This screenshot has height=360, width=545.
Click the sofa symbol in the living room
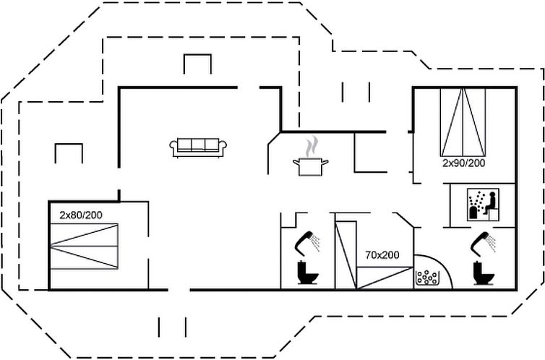(199, 147)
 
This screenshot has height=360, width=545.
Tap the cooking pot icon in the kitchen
(310, 167)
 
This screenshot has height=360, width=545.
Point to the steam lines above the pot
(311, 147)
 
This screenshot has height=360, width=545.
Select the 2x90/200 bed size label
(463, 163)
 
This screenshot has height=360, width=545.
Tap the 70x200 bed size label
(382, 254)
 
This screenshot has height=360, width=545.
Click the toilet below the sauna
(483, 273)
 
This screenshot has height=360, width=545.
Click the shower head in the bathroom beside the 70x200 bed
(309, 241)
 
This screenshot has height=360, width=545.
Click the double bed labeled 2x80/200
(83, 246)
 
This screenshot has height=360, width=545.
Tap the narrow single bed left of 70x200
(347, 253)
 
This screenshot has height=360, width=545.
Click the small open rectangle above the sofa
(197, 64)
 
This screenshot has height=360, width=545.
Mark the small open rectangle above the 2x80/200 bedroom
(69, 153)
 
